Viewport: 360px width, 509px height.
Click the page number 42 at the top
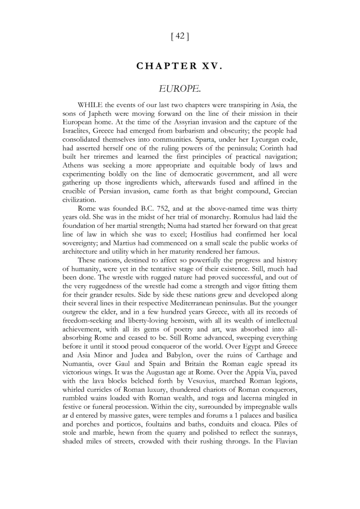(180, 37)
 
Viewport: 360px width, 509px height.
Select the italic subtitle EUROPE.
(180, 89)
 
